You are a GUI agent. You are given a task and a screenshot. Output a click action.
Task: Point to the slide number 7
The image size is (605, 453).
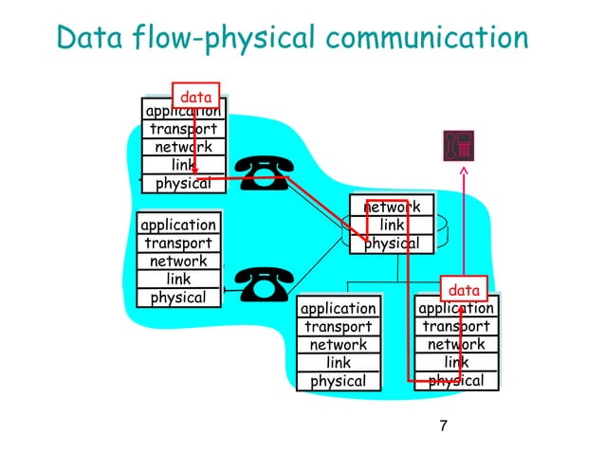pyautogui.click(x=442, y=425)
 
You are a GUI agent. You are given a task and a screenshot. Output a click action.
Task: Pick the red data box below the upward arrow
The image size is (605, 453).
pyautogui.click(x=464, y=289)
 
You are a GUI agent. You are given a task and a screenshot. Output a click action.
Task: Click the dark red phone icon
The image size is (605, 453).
pyautogui.click(x=459, y=145)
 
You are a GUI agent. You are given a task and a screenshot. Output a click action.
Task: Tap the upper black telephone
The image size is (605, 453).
pyautogui.click(x=262, y=172)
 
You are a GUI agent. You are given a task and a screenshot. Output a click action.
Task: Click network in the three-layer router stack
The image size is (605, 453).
pyautogui.click(x=392, y=207)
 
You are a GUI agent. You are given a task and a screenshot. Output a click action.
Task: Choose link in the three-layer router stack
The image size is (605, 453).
pyautogui.click(x=392, y=225)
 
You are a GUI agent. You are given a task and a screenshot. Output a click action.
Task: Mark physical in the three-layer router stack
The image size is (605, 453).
pyautogui.click(x=392, y=244)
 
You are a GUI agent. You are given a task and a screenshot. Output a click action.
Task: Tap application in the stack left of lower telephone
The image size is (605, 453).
pyautogui.click(x=178, y=225)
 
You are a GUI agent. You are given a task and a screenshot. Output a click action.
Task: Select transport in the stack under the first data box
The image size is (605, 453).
pyautogui.click(x=182, y=129)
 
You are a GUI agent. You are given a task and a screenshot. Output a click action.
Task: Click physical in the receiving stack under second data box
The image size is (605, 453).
pyautogui.click(x=456, y=381)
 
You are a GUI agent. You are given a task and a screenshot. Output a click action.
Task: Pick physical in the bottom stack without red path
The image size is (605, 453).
pyautogui.click(x=338, y=381)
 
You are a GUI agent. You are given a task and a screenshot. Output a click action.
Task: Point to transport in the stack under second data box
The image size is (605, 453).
pyautogui.click(x=456, y=327)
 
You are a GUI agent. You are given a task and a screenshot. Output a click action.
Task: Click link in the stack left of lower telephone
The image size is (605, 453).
pyautogui.click(x=178, y=280)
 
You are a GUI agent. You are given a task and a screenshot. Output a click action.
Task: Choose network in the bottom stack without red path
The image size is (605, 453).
pyautogui.click(x=338, y=345)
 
